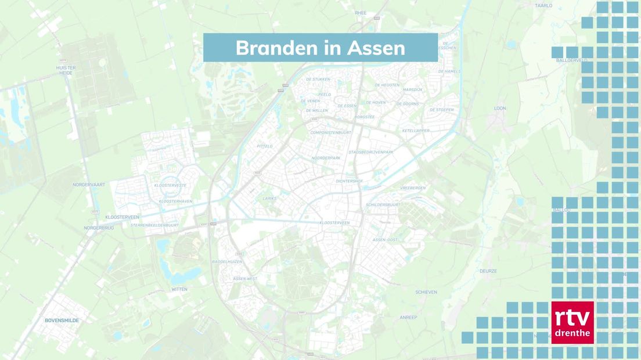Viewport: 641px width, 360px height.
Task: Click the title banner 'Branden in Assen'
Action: click(320, 48)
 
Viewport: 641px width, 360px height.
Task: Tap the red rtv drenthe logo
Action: click(572, 322)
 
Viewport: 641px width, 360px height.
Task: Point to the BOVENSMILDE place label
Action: click(62, 320)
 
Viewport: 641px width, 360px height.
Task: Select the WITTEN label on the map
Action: click(179, 289)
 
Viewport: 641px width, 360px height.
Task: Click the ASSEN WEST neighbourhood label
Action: click(244, 279)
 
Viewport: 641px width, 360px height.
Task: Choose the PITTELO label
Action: click(264, 146)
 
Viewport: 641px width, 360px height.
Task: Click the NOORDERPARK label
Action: click(326, 158)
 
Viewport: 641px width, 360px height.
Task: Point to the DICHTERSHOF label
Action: click(349, 181)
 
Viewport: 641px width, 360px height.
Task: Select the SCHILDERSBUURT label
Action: click(383, 205)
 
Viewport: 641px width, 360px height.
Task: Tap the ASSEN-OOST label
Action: click(385, 240)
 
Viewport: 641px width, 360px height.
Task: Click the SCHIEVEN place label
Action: click(426, 292)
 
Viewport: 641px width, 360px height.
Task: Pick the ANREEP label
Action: click(408, 318)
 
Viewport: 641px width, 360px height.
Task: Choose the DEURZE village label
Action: click(488, 271)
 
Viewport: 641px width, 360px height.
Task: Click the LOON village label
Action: click(500, 108)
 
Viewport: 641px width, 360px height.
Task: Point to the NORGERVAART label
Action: click(88, 184)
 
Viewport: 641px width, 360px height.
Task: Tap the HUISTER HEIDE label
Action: click(66, 70)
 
